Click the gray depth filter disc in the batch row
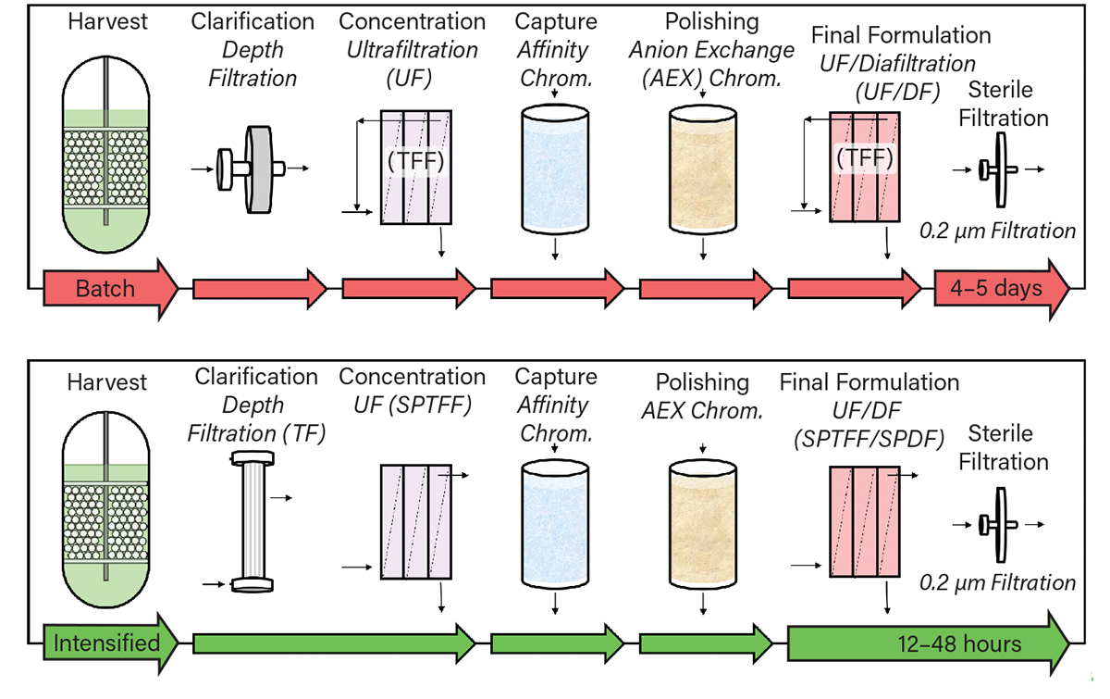click(253, 169)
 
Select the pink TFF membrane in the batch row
click(864, 168)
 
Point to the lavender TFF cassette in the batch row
click(415, 168)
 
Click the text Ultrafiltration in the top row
click(412, 50)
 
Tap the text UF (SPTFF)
click(412, 405)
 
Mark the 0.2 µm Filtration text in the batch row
click(998, 230)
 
